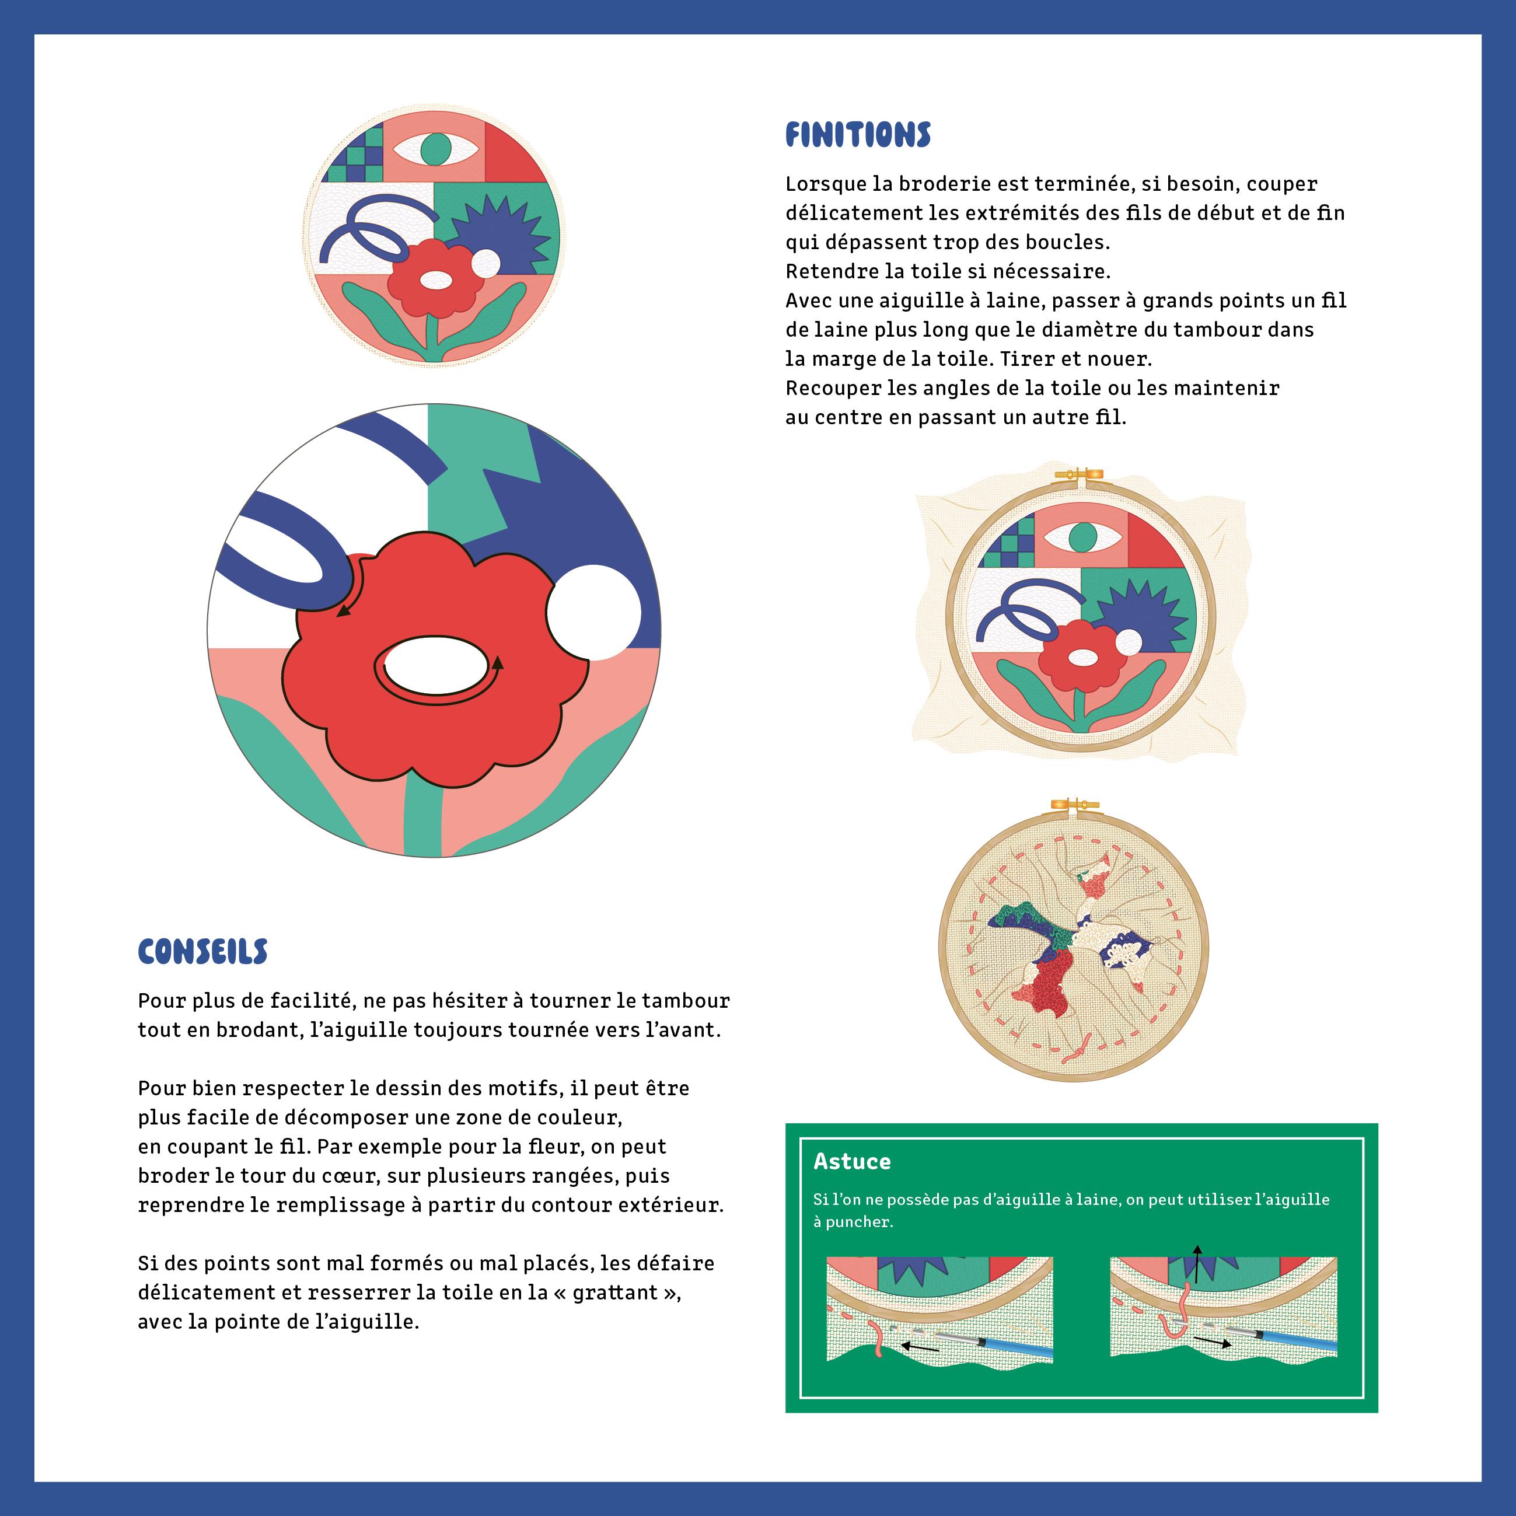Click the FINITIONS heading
click(858, 135)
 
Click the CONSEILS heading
click(202, 952)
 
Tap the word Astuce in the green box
click(851, 1161)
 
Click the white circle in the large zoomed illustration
click(595, 613)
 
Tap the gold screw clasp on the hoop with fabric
click(1079, 473)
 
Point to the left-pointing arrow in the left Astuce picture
click(920, 1347)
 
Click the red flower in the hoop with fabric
click(1083, 658)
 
